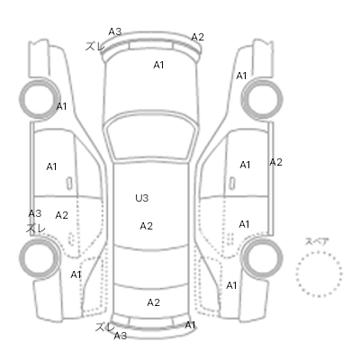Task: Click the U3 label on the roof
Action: coord(142,198)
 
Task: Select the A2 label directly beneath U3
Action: coord(147,226)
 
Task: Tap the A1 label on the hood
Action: coord(158,65)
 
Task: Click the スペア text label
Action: coord(317,242)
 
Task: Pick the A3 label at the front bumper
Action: coord(115,31)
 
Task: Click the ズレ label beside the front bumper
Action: coord(94,46)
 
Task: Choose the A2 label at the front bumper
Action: coord(198,37)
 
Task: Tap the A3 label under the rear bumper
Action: coord(121,336)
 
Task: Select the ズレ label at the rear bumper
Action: coord(104,328)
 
